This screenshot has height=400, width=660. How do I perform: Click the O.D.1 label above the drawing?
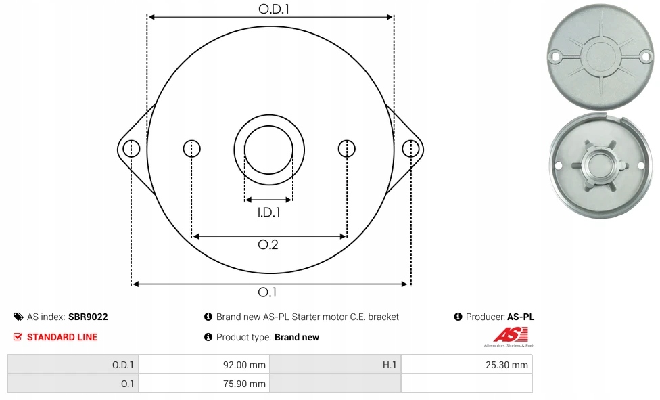[x=274, y=9]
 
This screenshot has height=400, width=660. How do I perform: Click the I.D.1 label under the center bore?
[x=268, y=212]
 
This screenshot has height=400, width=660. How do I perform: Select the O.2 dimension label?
[x=268, y=244]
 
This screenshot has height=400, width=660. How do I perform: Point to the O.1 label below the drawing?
[x=267, y=292]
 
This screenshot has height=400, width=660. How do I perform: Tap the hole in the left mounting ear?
[x=131, y=149]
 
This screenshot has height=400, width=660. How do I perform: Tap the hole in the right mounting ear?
[x=410, y=149]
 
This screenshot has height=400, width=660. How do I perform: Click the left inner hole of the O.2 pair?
[x=192, y=149]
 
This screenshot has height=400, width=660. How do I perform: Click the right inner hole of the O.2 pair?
[x=347, y=149]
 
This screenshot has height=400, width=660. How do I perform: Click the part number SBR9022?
[x=88, y=317]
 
